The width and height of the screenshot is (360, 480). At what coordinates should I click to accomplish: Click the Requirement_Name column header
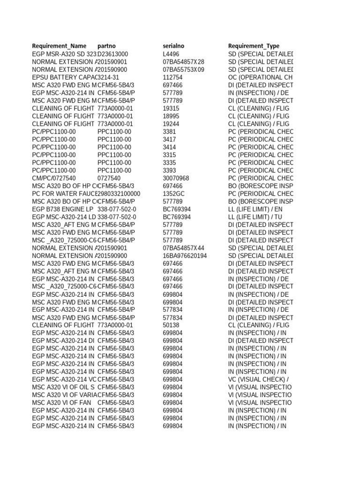coord(59,46)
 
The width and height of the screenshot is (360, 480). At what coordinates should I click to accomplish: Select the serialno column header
coord(173,46)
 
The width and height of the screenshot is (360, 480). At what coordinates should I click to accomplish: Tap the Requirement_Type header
coord(254,46)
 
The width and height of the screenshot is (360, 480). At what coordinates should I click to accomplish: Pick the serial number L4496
coord(171,54)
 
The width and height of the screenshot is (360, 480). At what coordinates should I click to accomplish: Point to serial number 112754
coord(173,77)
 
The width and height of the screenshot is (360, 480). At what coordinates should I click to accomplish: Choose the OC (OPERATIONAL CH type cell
coord(261,77)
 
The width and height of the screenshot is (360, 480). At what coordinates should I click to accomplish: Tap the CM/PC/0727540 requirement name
coord(54,178)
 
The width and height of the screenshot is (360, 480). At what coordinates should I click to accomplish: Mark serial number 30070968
coord(176,178)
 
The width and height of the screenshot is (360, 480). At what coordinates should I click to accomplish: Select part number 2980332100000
coord(119,194)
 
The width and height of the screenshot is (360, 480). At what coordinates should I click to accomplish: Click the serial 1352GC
coord(173,194)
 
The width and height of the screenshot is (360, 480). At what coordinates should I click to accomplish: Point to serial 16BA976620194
coord(185,255)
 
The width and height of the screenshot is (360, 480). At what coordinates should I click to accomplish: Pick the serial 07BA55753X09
coord(184,69)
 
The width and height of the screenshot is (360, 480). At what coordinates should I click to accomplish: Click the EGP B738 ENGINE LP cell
coord(63,209)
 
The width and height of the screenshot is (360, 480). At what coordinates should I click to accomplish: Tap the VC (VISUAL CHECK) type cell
coord(258,379)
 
